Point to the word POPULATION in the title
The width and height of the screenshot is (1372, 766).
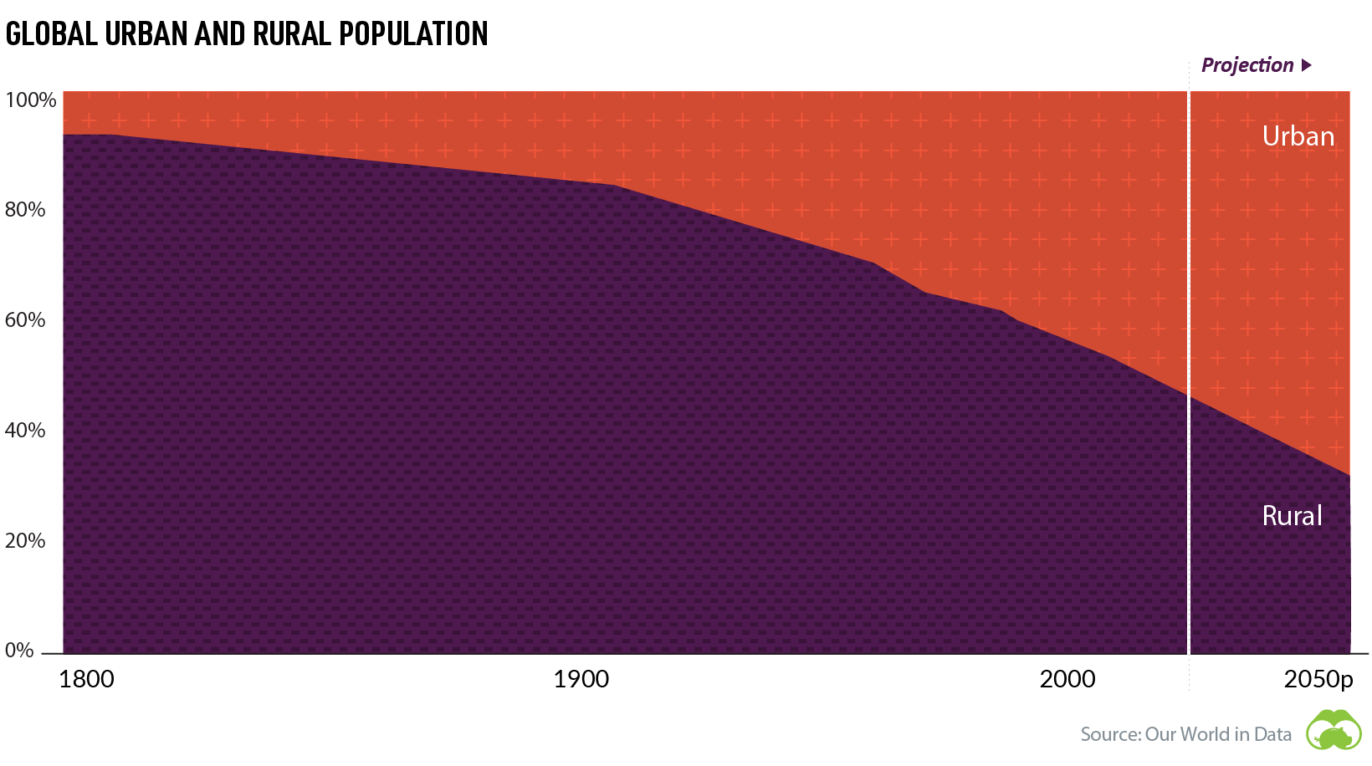click(413, 34)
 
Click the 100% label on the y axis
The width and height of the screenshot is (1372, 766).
click(31, 100)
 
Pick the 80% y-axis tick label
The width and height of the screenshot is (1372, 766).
click(25, 210)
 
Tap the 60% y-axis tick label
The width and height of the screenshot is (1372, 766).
click(25, 320)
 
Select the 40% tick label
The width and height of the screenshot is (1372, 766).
click(25, 431)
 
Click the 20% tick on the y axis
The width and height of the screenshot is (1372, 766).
click(25, 541)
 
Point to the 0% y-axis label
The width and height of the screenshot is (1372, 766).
click(19, 651)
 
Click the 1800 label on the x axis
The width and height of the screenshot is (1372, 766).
click(86, 679)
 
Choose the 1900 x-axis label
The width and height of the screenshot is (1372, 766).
click(581, 679)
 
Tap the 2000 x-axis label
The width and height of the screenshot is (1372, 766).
click(1067, 679)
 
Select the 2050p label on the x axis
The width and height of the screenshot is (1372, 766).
click(1318, 680)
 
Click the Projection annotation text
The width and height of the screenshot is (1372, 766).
click(1247, 65)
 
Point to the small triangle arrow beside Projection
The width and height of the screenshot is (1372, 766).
click(1307, 65)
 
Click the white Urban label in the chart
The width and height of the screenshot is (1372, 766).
click(1298, 136)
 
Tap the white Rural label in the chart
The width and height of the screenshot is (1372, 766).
click(1292, 516)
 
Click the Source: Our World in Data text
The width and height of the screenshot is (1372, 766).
click(1185, 734)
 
